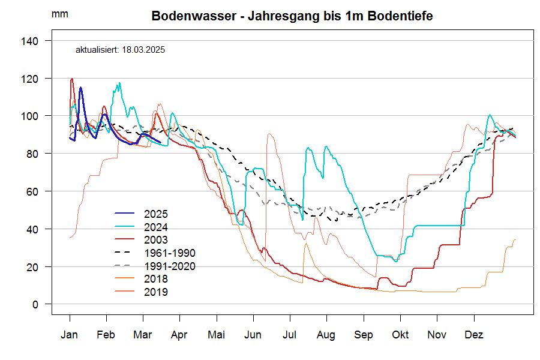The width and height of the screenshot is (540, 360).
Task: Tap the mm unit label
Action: pos(60,14)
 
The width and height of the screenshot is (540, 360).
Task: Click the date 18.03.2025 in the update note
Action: pos(143,50)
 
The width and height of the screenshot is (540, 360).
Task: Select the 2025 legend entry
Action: pos(156,214)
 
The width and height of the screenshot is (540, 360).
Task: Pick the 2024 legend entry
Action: pos(156,227)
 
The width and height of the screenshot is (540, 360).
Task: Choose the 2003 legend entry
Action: pos(156,240)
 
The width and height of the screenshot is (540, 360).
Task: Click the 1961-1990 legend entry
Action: pos(170,253)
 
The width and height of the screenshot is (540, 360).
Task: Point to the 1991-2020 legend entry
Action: pos(170,266)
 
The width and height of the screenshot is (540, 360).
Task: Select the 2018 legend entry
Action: pos(156,279)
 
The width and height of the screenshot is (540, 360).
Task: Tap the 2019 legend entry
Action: pos(156,292)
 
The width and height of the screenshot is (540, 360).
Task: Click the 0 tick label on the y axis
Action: pos(35,304)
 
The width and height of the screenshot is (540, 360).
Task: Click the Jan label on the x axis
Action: pos(70,334)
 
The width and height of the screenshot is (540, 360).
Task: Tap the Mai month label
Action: pos(216,334)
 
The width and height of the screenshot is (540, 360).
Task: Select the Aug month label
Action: pos(326,334)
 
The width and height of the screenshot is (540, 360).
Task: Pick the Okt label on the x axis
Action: pos(400,334)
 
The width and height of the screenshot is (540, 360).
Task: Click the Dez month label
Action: pos(474,334)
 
